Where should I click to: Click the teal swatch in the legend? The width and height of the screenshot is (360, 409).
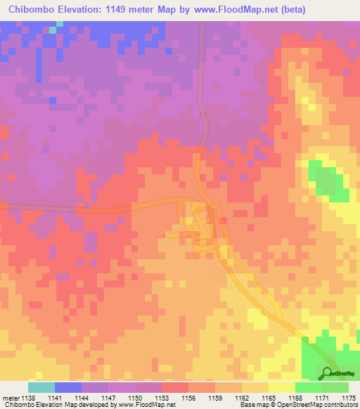click(41, 388)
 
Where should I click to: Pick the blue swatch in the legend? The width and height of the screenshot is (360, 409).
click(68, 388)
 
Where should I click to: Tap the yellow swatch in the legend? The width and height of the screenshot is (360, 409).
click(282, 388)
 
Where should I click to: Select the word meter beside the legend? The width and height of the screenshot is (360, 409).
click(11, 398)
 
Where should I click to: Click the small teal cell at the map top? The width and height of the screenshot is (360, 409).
click(60, 24)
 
